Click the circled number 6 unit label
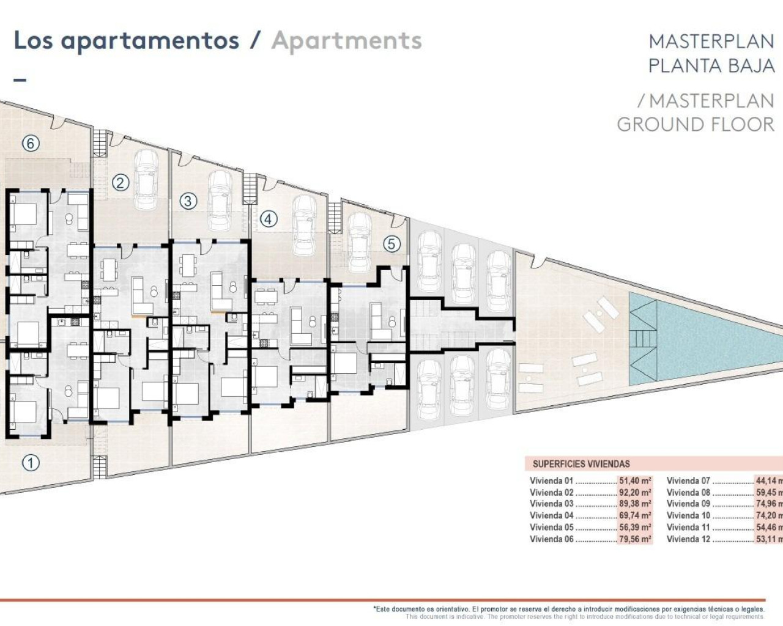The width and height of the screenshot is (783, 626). click(x=31, y=143)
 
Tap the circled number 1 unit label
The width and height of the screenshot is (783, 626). click(x=31, y=463)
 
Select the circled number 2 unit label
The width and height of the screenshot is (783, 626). click(x=121, y=182)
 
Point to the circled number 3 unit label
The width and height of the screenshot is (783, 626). click(x=188, y=201)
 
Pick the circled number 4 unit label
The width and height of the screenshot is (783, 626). click(x=269, y=219)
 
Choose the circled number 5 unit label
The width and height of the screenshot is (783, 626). click(x=391, y=244)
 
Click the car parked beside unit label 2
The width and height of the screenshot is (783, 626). click(x=146, y=179)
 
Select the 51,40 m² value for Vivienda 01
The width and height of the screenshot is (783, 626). click(x=635, y=481)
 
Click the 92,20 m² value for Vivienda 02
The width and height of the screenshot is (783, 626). click(x=635, y=493)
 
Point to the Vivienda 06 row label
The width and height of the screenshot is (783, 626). click(x=552, y=539)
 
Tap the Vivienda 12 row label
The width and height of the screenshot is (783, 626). click(x=688, y=539)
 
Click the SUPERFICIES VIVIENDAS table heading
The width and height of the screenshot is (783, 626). click(x=581, y=464)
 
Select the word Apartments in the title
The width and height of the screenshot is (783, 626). click(x=347, y=41)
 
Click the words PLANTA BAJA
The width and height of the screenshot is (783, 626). click(x=711, y=65)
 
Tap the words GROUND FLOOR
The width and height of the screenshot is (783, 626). click(x=695, y=124)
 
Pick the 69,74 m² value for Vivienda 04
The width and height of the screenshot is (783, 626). click(x=635, y=516)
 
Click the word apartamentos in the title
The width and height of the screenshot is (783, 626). click(x=150, y=41)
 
